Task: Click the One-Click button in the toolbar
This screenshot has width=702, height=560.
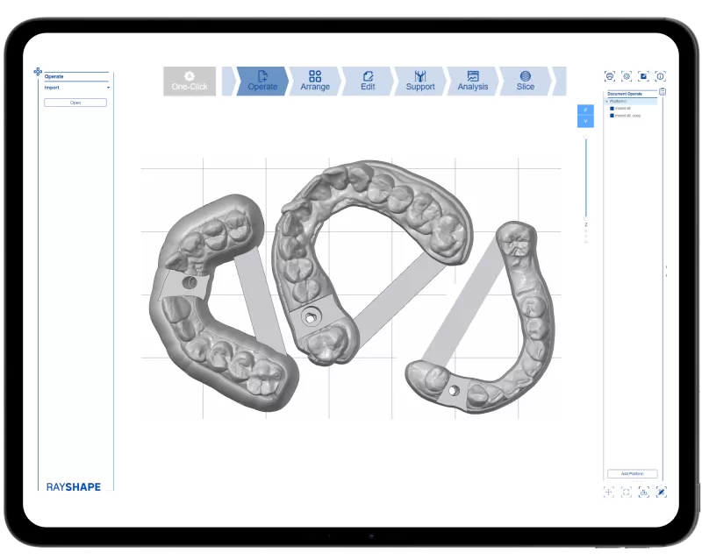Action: pos(190,81)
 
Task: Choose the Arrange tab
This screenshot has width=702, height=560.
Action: pos(315,81)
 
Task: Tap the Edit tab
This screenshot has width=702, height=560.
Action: pos(368,81)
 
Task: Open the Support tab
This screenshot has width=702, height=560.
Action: pos(420,81)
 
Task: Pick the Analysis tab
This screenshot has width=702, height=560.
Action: pos(473,81)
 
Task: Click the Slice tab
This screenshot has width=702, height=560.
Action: pos(525,81)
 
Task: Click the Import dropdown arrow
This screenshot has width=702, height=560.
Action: pos(108,88)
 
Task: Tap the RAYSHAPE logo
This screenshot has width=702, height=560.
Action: pos(74,486)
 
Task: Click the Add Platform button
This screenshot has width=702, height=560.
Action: pos(632,473)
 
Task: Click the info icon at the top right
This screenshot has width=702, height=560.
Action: pos(661,76)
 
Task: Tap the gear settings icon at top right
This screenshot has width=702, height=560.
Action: pos(627,76)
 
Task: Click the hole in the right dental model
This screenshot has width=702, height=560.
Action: pos(454,391)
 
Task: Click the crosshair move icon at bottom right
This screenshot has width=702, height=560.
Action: pos(609,493)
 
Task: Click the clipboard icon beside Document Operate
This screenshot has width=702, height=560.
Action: pos(662,91)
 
